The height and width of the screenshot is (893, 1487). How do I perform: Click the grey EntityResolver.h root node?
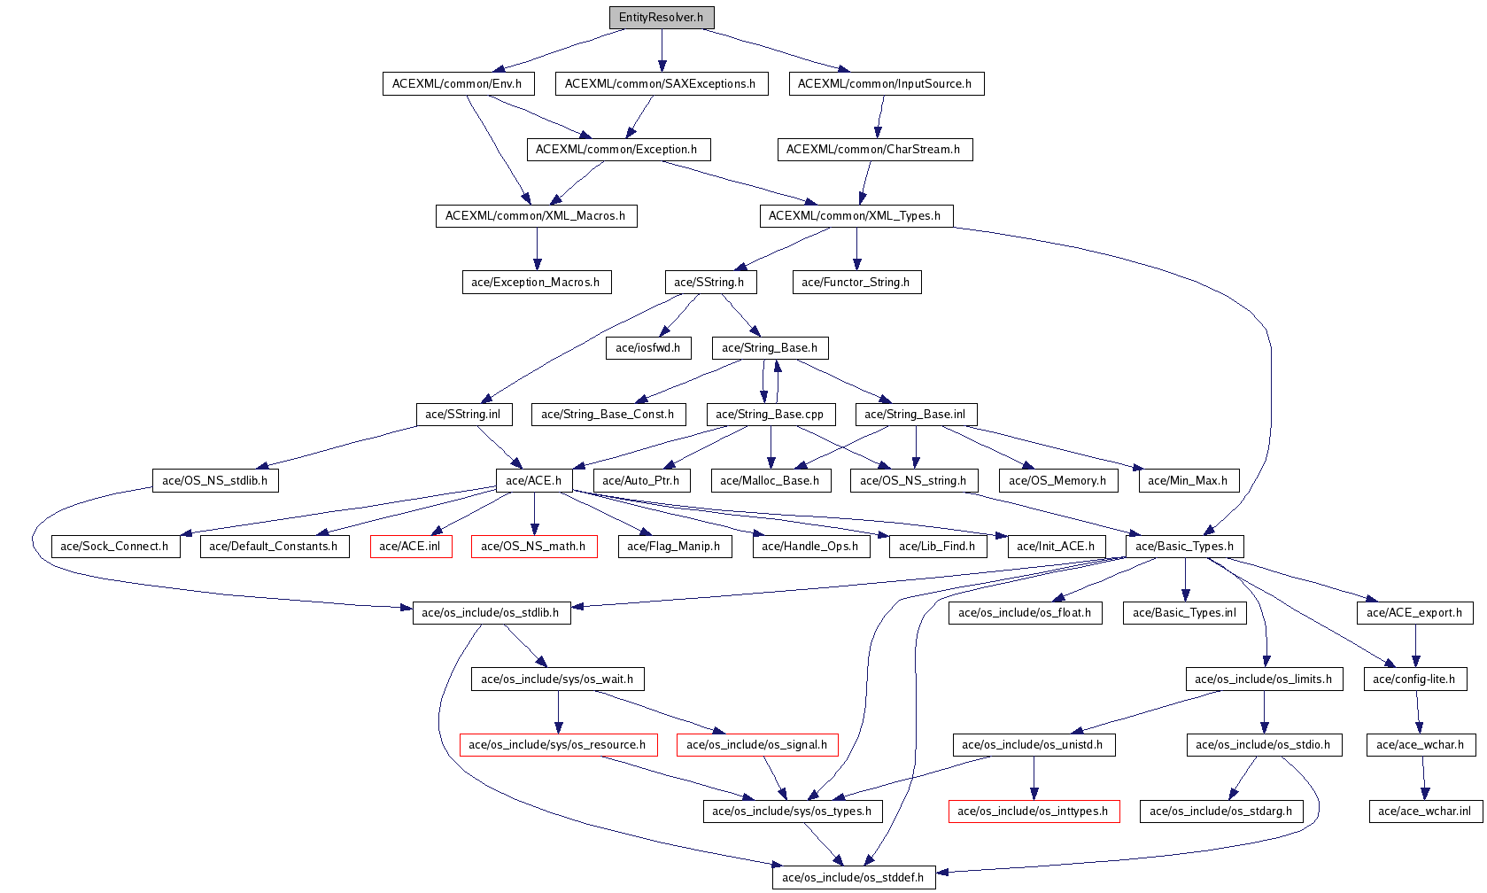[661, 18]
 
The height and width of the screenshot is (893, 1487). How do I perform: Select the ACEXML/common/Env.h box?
[457, 84]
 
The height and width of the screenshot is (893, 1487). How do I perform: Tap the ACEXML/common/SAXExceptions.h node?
[661, 84]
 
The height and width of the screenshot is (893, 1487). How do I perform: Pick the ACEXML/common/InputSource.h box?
[885, 84]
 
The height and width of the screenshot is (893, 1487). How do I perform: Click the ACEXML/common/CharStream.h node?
[873, 150]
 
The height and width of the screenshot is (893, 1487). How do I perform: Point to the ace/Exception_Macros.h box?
[536, 283]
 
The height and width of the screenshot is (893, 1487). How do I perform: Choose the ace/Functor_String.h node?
[856, 283]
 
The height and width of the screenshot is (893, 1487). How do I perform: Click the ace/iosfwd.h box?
[647, 348]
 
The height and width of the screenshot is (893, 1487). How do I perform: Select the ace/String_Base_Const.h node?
[608, 415]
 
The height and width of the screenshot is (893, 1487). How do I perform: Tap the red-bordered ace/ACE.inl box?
[410, 547]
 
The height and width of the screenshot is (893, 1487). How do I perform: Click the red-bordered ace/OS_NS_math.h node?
[533, 547]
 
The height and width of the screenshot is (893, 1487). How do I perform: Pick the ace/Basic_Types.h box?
[1184, 547]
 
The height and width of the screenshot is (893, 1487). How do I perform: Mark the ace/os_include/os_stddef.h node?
[853, 878]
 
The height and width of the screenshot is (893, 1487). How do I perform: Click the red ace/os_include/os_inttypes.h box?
[1033, 811]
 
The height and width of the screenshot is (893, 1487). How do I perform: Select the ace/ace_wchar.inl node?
[1424, 811]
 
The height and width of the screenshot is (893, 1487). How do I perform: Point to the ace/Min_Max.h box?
[1188, 481]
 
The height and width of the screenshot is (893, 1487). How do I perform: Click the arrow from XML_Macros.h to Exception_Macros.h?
[536, 249]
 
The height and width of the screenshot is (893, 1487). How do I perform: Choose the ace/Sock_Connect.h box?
[114, 547]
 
